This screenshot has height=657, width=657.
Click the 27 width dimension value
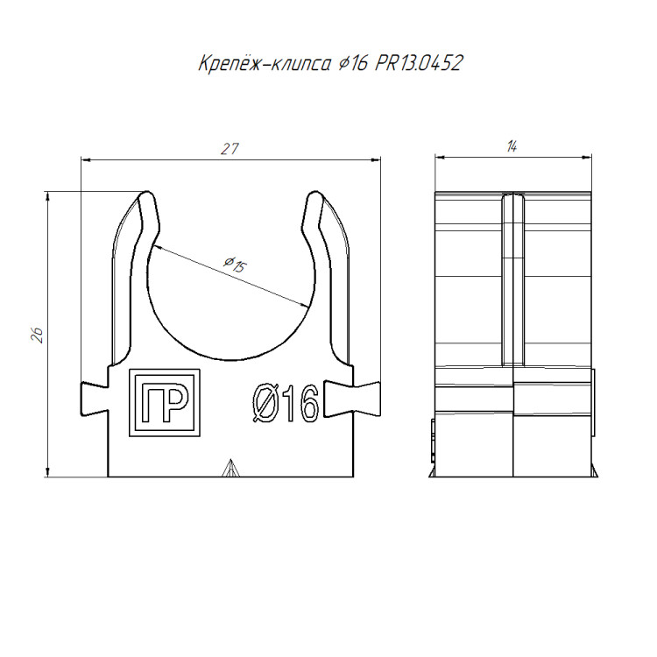230,149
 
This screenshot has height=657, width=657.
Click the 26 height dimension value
38,335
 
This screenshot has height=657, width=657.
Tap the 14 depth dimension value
512,146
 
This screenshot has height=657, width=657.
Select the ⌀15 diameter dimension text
235,265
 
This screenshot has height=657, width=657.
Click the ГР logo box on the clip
165,403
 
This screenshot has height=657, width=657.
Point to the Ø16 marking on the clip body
286,403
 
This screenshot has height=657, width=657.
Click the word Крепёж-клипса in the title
265,64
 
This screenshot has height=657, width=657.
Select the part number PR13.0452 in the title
419,63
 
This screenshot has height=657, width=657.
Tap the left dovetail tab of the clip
95,399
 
